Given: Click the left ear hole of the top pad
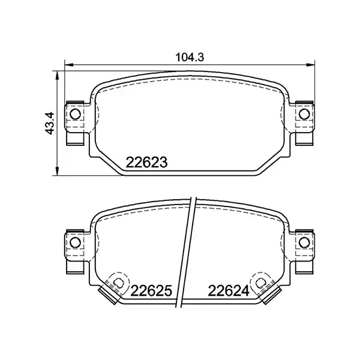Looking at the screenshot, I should [x=76, y=113].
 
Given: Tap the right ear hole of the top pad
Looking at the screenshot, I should [x=305, y=113].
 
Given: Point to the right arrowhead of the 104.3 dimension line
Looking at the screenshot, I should [x=313, y=65].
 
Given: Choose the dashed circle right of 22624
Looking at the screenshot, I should [x=262, y=280].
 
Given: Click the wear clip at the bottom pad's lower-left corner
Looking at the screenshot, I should [x=109, y=294].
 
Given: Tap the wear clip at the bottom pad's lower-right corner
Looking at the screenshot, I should [x=273, y=294].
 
